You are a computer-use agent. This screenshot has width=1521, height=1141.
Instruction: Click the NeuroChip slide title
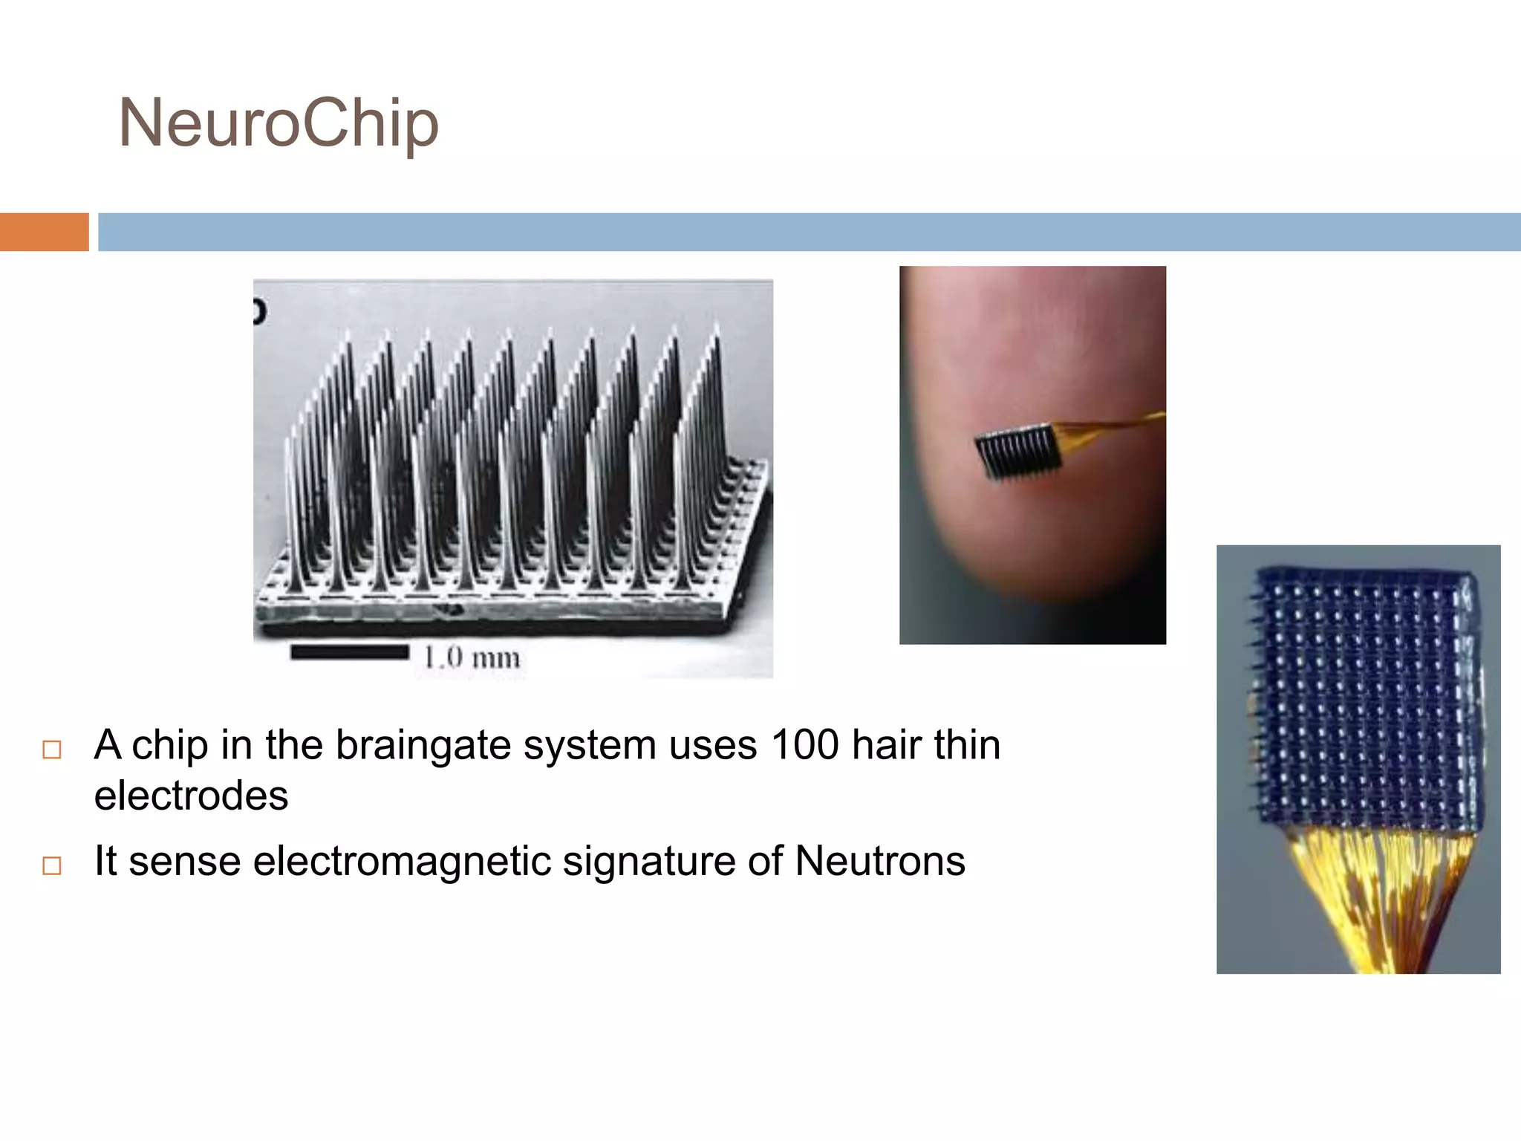279,123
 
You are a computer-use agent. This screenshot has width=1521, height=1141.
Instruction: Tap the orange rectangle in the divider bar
44,232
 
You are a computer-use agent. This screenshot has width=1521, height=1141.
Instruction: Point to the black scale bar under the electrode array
349,652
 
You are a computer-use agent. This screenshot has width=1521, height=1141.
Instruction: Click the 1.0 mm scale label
472,657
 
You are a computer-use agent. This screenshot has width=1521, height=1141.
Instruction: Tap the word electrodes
191,796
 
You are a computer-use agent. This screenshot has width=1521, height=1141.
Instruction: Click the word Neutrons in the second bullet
880,862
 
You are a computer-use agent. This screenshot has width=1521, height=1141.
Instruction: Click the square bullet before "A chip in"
52,750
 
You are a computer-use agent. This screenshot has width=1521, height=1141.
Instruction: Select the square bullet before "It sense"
52,865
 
